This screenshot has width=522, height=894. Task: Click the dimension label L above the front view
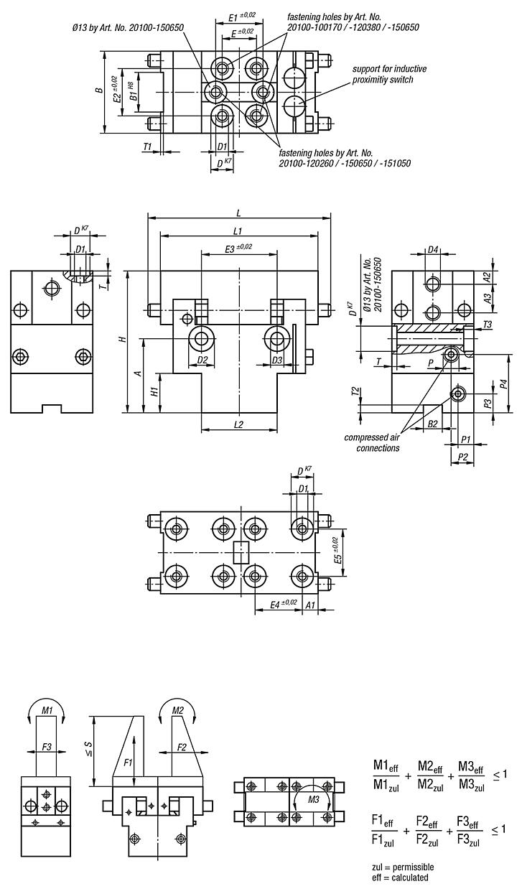click(238, 214)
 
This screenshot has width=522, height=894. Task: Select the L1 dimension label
click(238, 231)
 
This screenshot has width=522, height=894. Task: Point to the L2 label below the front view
click(239, 424)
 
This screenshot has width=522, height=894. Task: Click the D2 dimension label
click(202, 359)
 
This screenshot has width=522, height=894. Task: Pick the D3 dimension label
click(277, 359)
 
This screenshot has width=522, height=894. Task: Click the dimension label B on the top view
click(99, 90)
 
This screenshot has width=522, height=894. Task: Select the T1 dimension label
click(148, 146)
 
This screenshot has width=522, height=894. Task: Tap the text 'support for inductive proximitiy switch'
click(388, 74)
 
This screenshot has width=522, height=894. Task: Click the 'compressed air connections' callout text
click(371, 442)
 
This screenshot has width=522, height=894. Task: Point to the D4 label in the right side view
click(432, 250)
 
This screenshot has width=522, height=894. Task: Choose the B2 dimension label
click(432, 425)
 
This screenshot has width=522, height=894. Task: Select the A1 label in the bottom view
click(310, 605)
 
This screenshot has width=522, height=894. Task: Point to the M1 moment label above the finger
click(47, 710)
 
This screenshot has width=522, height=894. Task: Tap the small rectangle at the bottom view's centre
click(241, 552)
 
